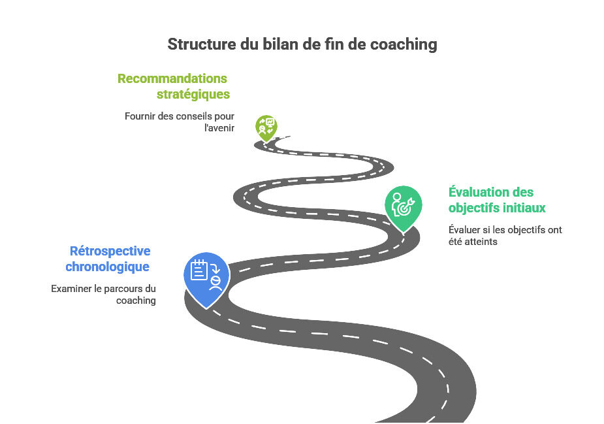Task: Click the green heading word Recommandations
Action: pos(172,78)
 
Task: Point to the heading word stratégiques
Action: pos(193,94)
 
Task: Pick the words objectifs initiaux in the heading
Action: pos(497,208)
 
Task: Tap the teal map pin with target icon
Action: pos(403,206)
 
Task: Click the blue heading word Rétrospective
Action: pos(110,251)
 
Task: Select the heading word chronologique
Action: pos(108,267)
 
